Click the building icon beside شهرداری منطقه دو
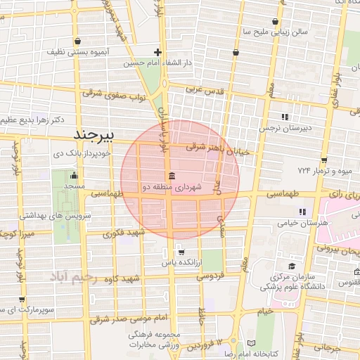click(172, 176)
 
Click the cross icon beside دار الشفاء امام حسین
click(158, 52)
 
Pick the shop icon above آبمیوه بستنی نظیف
click(76, 41)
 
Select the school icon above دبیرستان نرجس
click(284, 117)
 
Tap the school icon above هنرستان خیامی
click(302, 212)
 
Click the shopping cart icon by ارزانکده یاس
click(181, 252)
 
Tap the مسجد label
click(75, 186)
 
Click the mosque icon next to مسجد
click(75, 175)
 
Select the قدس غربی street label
click(204, 91)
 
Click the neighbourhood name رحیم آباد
click(82, 278)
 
